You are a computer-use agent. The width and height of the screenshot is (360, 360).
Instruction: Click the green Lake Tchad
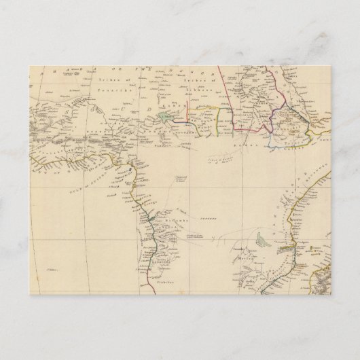167,117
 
